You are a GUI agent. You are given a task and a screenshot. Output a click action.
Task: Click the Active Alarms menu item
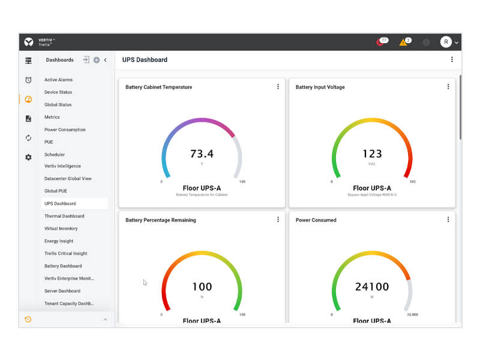58,80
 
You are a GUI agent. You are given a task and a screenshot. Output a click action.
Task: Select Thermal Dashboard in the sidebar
64,216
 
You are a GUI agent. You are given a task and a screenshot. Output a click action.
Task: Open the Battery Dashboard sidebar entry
63,266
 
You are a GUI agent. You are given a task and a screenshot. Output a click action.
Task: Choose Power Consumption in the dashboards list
65,130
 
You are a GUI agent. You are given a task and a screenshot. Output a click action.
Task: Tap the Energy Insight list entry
59,241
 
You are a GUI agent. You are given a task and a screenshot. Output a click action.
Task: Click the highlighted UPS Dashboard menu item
60,203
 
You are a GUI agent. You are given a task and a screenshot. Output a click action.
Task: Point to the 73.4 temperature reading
202,154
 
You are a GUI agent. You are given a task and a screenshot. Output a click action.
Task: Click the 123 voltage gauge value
372,154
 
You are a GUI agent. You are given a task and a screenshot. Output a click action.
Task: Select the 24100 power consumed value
372,287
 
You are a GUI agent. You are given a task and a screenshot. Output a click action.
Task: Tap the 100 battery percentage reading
202,287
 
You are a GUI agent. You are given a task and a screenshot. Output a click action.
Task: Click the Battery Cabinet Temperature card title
158,87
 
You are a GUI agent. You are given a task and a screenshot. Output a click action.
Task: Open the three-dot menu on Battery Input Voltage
448,87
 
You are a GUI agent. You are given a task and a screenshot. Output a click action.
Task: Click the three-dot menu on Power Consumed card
448,220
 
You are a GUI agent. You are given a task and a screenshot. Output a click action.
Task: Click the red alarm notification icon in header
380,43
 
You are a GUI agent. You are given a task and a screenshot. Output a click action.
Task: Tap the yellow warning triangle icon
404,43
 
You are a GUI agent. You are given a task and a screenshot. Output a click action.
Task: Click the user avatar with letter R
446,42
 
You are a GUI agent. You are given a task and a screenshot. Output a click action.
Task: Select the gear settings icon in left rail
28,157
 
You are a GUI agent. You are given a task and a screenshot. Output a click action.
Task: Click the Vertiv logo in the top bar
29,42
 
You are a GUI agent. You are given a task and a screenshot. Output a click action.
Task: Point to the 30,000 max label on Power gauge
412,314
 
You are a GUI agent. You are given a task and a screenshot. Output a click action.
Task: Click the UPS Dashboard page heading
145,60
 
